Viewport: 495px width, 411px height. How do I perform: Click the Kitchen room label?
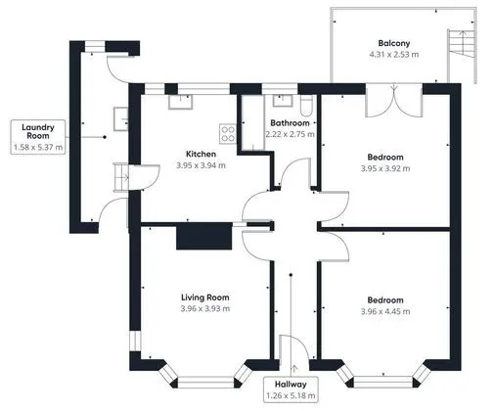pyautogui.click(x=201, y=154)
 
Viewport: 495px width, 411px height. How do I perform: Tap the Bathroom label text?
pyautogui.click(x=290, y=123)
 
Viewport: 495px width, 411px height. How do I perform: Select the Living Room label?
pyautogui.click(x=205, y=297)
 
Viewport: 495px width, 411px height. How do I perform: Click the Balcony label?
pyautogui.click(x=394, y=43)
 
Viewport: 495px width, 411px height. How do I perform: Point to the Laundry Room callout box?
pyautogui.click(x=38, y=137)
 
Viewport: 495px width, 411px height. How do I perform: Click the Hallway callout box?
pyautogui.click(x=291, y=389)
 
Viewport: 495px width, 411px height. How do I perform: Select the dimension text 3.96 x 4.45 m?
pyautogui.click(x=385, y=311)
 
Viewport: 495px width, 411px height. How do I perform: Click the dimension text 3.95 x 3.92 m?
pyautogui.click(x=385, y=168)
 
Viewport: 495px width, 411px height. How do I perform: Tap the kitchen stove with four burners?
pyautogui.click(x=228, y=133)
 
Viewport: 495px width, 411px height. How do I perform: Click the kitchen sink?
pyautogui.click(x=180, y=102)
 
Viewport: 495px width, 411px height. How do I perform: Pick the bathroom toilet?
pyautogui.click(x=306, y=106)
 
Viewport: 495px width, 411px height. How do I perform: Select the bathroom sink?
pyautogui.click(x=283, y=101)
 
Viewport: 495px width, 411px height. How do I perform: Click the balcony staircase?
pyautogui.click(x=462, y=43)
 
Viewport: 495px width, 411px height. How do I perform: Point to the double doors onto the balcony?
pyautogui.click(x=394, y=101)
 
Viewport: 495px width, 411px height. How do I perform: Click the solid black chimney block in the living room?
pyautogui.click(x=204, y=236)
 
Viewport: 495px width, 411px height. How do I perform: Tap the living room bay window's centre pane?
pyautogui.click(x=206, y=383)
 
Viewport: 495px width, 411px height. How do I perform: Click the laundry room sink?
pyautogui.click(x=120, y=118)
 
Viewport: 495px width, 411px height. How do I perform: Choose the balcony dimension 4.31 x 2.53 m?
pyautogui.click(x=394, y=55)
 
